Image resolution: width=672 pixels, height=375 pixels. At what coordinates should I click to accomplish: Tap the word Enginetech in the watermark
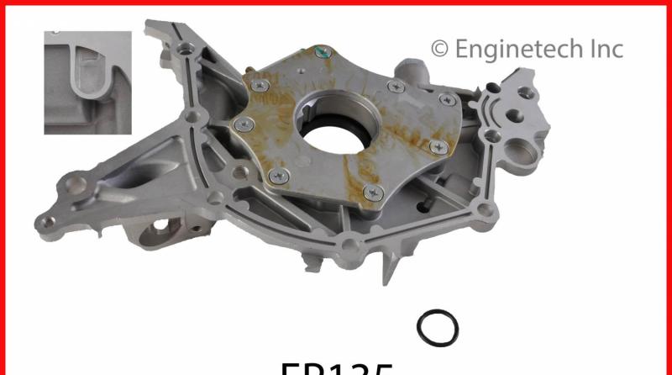click(x=513, y=49)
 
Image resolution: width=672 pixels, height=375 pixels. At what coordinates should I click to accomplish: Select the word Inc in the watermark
click(x=602, y=49)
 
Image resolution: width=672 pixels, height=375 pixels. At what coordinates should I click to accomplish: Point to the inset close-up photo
click(x=88, y=82)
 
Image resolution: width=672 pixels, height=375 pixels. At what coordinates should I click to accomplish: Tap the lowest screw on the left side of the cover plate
click(x=281, y=176)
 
